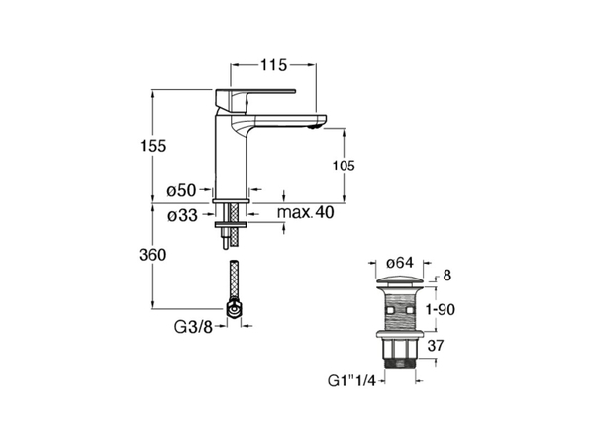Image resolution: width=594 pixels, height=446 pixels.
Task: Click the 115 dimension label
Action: (273, 65)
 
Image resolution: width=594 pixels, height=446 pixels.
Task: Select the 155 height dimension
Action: (153, 146)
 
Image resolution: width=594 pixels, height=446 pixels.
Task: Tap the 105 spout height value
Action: (344, 166)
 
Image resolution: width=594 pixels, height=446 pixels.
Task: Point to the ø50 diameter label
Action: (182, 190)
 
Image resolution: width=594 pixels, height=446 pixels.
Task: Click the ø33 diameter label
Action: (182, 215)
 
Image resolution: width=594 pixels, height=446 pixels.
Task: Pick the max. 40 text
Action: (306, 212)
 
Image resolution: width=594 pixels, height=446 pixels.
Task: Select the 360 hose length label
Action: (152, 255)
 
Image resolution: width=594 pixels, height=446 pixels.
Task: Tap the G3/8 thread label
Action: (194, 326)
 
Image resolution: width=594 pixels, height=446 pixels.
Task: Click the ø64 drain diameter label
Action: (399, 263)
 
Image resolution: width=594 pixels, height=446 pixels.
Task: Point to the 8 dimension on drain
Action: (447, 276)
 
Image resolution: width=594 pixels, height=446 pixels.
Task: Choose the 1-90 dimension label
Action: (441, 310)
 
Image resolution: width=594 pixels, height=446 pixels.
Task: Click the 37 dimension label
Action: (436, 346)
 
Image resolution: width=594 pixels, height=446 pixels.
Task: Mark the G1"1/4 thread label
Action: (351, 380)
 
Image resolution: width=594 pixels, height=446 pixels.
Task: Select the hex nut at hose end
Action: (234, 309)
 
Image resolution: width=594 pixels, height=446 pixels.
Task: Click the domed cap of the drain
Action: (399, 281)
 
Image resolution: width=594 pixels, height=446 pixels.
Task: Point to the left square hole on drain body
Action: (389, 310)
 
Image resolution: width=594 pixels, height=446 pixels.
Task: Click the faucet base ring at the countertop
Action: (231, 200)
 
